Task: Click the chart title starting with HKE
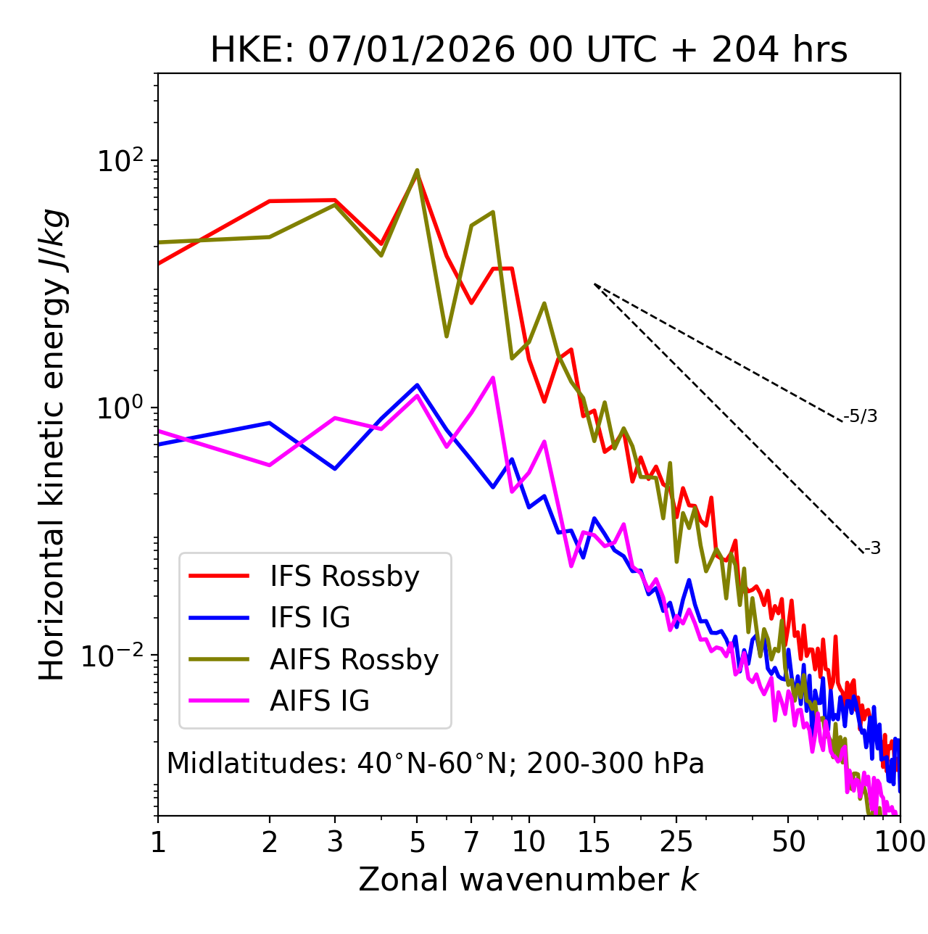[x=529, y=51]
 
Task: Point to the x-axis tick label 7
[x=471, y=842]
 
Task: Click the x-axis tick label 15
[x=594, y=842]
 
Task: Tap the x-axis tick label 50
[x=788, y=842]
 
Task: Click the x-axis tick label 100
[x=899, y=842]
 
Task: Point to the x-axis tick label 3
[x=334, y=842]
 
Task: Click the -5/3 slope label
[x=861, y=417]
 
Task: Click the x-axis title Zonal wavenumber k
[x=529, y=880]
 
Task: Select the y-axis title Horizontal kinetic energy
[x=52, y=445]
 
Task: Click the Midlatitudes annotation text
[x=435, y=764]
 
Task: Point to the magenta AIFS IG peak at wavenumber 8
[x=493, y=378]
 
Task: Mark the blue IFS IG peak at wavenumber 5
[x=417, y=385]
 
